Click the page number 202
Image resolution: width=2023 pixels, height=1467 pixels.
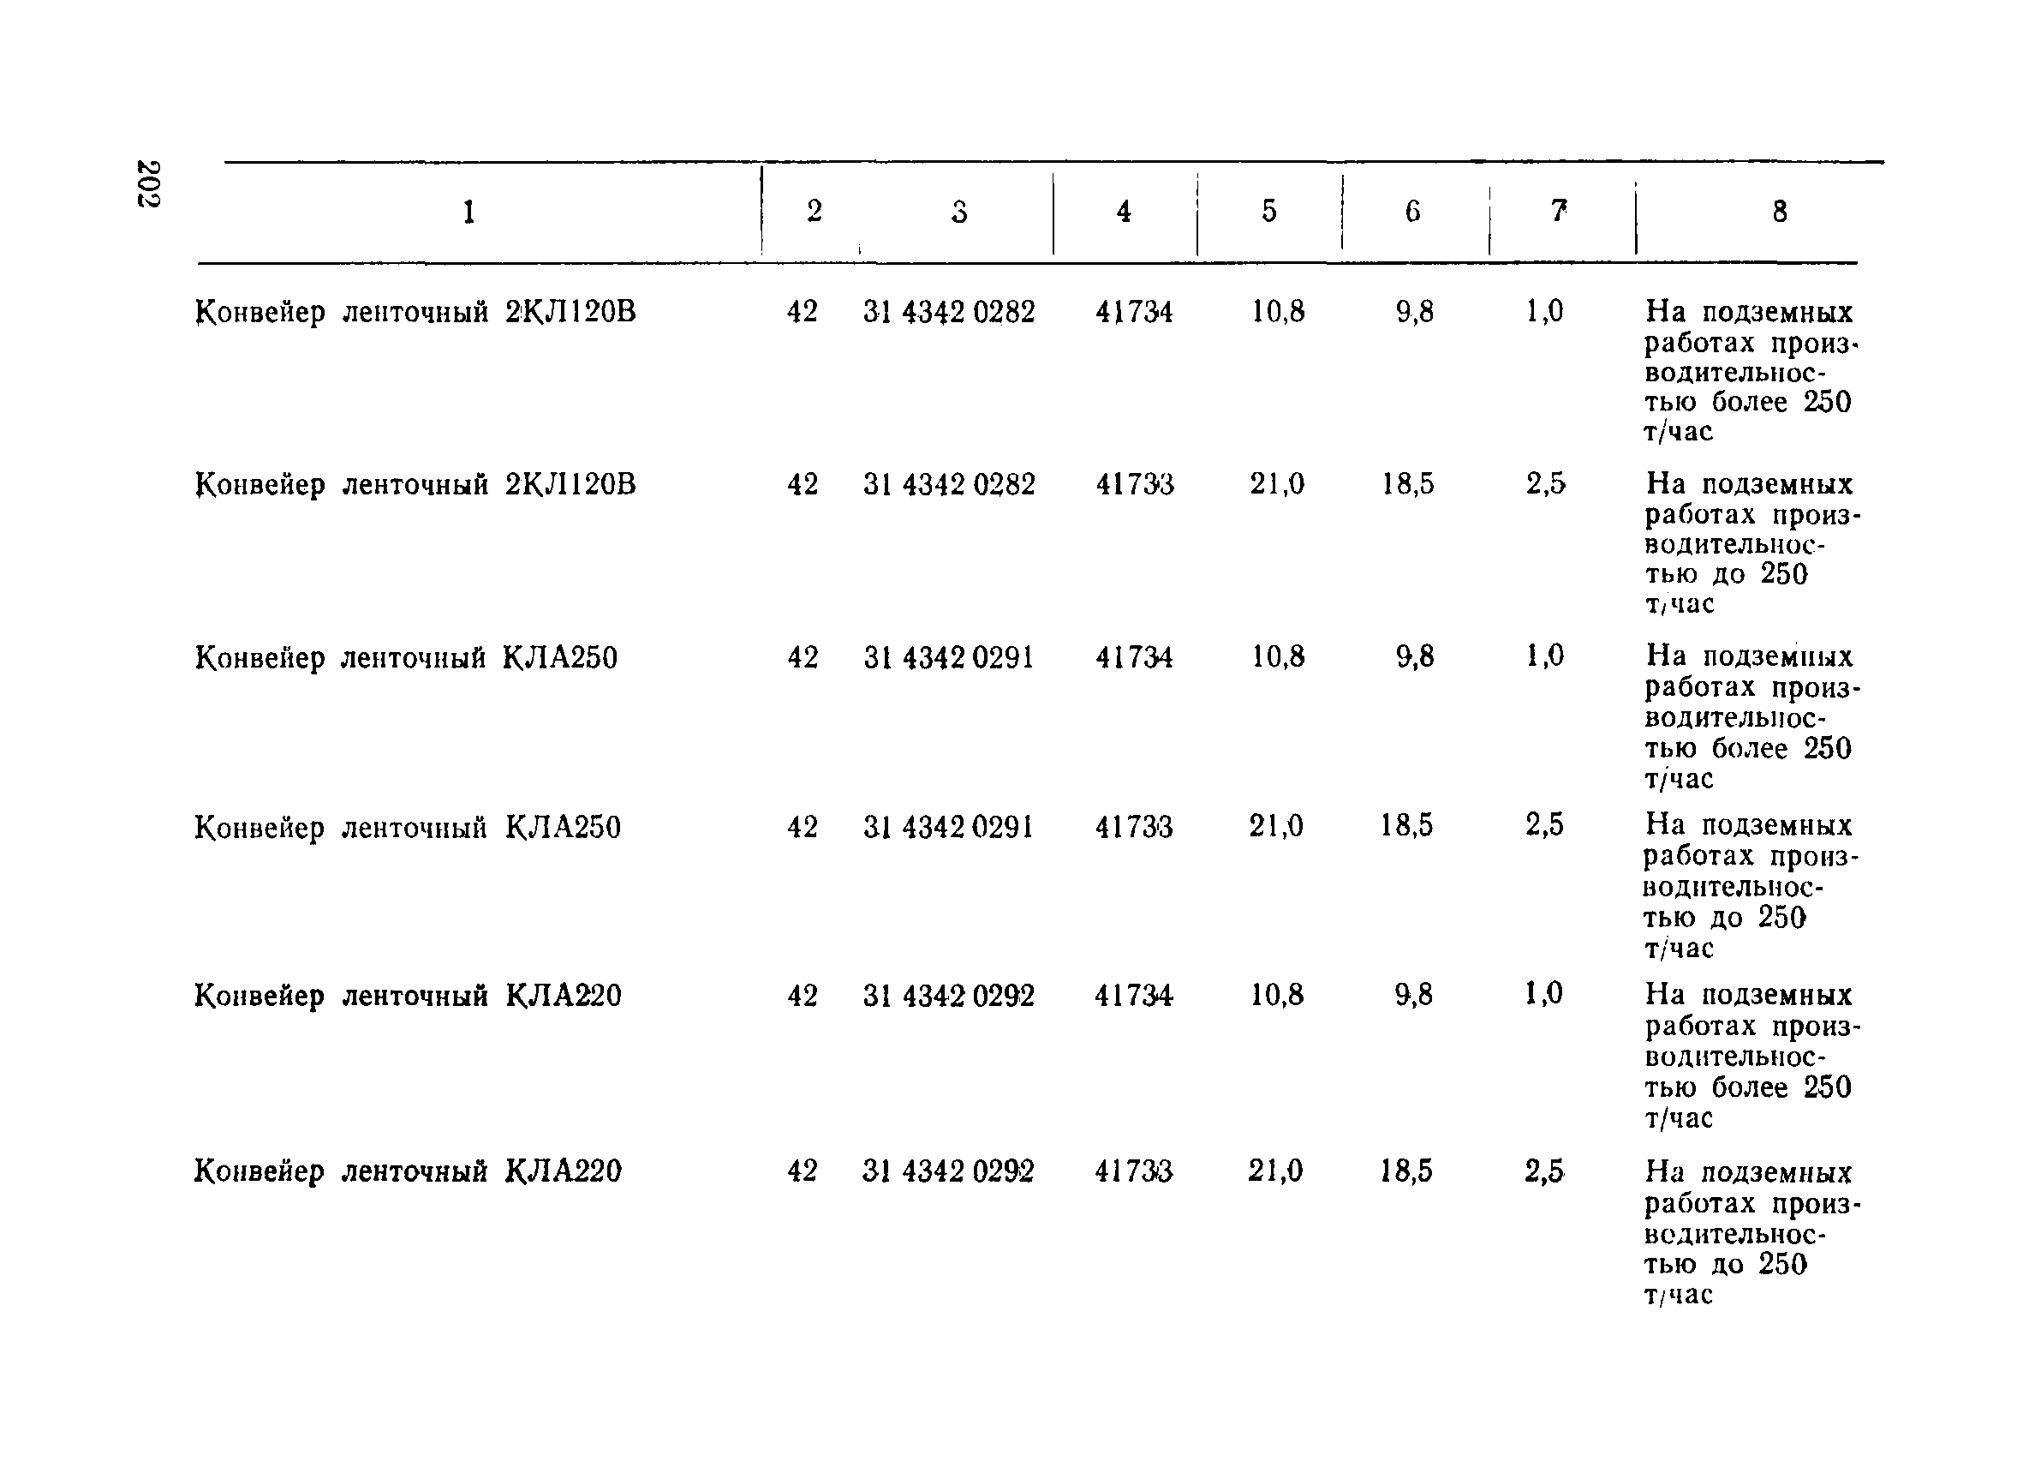(x=148, y=184)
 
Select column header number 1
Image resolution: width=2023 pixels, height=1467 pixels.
(x=468, y=213)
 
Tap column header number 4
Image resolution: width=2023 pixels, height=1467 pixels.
(x=1124, y=212)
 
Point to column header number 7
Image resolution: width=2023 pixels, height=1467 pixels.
(x=1558, y=211)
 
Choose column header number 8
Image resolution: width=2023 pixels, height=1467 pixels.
(x=1780, y=212)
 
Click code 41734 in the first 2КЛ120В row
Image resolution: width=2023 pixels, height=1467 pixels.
(x=1134, y=311)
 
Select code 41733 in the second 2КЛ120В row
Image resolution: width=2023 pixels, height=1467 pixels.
(x=1135, y=484)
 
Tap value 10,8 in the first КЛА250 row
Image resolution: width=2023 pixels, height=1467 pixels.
(x=1277, y=656)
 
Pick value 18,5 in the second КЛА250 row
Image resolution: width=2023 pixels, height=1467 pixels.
(x=1406, y=825)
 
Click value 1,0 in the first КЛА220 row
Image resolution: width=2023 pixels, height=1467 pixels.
(x=1544, y=993)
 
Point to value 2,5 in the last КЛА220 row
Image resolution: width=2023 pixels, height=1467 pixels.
(x=1544, y=1171)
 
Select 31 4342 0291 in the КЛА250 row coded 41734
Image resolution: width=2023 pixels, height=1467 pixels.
(x=948, y=657)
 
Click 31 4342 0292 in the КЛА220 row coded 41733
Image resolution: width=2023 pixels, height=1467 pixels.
(x=948, y=1171)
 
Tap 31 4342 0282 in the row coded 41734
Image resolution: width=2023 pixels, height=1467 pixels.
(x=949, y=311)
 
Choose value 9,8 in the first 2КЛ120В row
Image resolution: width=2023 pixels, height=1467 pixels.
(x=1415, y=311)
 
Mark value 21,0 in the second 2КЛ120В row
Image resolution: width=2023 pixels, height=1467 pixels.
(x=1276, y=483)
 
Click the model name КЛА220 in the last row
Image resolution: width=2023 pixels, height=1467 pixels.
(x=564, y=1171)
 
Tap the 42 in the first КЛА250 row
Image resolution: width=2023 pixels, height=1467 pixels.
(x=802, y=657)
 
